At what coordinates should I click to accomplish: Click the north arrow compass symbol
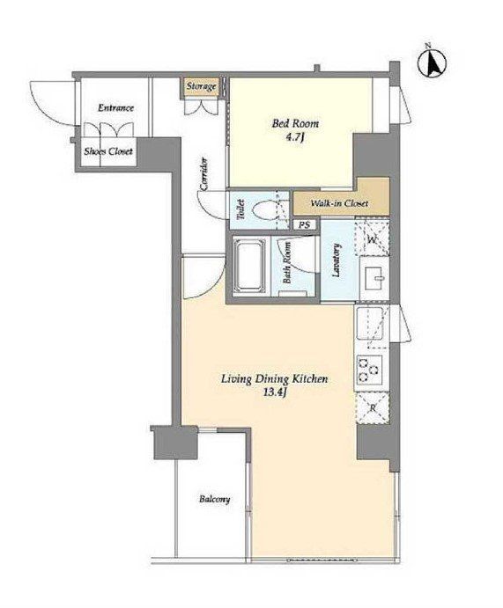(432, 62)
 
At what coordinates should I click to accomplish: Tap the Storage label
(201, 86)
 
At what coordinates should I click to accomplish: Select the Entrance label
(115, 107)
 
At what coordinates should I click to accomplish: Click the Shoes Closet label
(108, 151)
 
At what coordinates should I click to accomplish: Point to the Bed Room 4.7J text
(295, 129)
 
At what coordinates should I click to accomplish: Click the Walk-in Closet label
(339, 203)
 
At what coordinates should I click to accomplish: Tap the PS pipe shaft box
(305, 224)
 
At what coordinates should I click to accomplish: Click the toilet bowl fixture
(265, 212)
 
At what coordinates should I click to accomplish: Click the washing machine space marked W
(373, 238)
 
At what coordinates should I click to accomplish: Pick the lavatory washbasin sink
(374, 278)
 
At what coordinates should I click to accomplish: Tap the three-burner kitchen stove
(369, 370)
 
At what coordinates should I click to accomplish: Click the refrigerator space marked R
(373, 407)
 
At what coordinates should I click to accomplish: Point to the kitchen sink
(371, 323)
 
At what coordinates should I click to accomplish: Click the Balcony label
(214, 499)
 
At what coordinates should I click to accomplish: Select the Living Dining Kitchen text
(274, 379)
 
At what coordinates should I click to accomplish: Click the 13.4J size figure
(275, 392)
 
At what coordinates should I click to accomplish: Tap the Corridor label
(204, 174)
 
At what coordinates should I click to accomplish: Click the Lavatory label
(337, 260)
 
